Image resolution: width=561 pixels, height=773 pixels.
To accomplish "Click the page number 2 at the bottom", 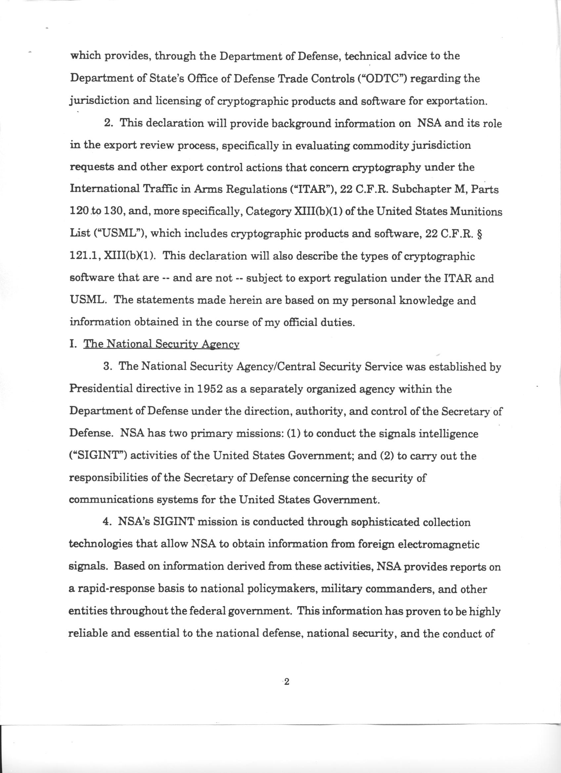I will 286,672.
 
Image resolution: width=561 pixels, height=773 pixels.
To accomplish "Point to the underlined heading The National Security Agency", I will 161,344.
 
